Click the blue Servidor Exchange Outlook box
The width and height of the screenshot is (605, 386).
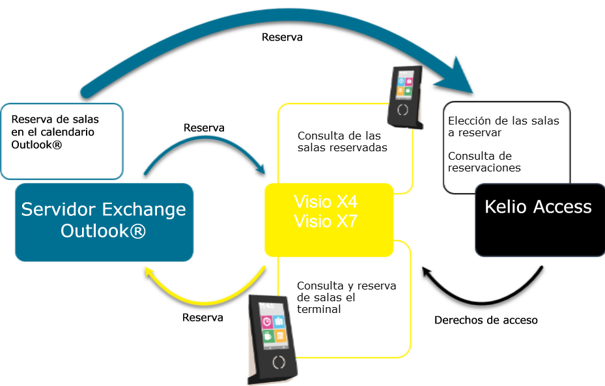pos(104,221)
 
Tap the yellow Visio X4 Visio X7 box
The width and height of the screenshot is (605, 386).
pos(328,220)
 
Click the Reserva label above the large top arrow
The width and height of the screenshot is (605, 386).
pos(282,37)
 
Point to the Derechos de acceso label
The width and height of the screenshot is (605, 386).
pos(486,320)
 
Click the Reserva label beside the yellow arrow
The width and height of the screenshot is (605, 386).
pos(203,318)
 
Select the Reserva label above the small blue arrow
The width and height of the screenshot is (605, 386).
pos(204,128)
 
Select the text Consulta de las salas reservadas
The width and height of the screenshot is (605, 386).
pos(339,141)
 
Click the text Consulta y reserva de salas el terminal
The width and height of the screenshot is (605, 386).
pos(346,297)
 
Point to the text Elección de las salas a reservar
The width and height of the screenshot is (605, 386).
pos(503,126)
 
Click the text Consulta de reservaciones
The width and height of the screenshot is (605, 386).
pos(485,162)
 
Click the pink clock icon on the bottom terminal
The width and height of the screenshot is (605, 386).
pos(267,321)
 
